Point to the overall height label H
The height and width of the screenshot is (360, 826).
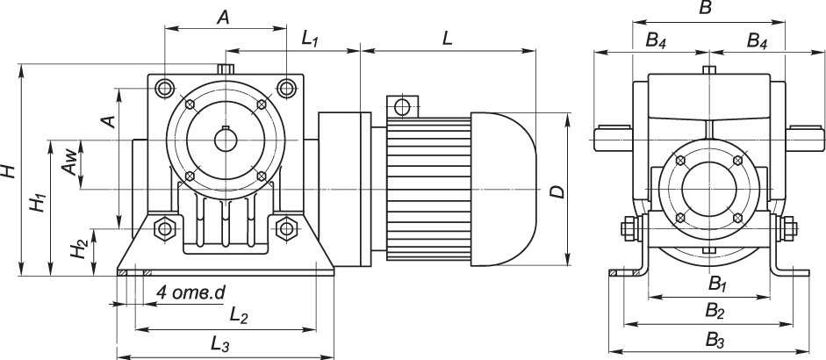tap(8, 169)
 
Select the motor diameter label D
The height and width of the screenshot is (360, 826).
tap(556, 191)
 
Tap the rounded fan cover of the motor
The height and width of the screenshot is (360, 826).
tap(504, 190)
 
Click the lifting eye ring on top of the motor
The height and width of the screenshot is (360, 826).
tap(402, 107)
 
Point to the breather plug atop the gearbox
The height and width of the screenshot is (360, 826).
tap(225, 68)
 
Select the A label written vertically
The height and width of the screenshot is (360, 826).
tap(109, 121)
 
